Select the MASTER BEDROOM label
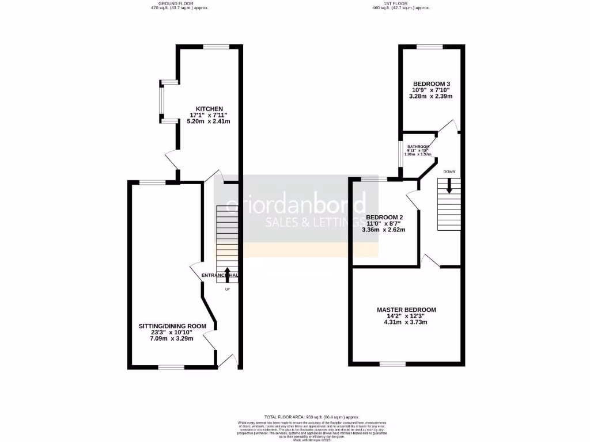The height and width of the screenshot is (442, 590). coord(406,310)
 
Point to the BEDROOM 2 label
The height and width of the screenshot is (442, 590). coord(383,217)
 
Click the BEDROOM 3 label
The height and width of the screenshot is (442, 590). coord(431,84)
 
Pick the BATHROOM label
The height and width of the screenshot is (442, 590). coord(418,147)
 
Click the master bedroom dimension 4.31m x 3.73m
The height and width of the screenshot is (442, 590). coord(406,322)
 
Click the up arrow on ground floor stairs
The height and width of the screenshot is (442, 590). coord(227,273)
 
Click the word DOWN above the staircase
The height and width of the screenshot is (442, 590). coord(449,172)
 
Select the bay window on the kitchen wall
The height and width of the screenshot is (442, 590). coord(161,102)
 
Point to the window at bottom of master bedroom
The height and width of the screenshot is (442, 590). coord(392,364)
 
